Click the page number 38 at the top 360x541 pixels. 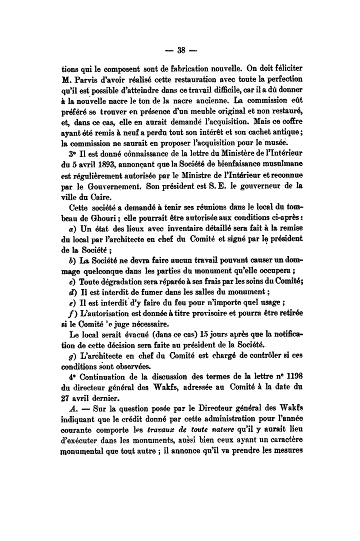180,49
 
